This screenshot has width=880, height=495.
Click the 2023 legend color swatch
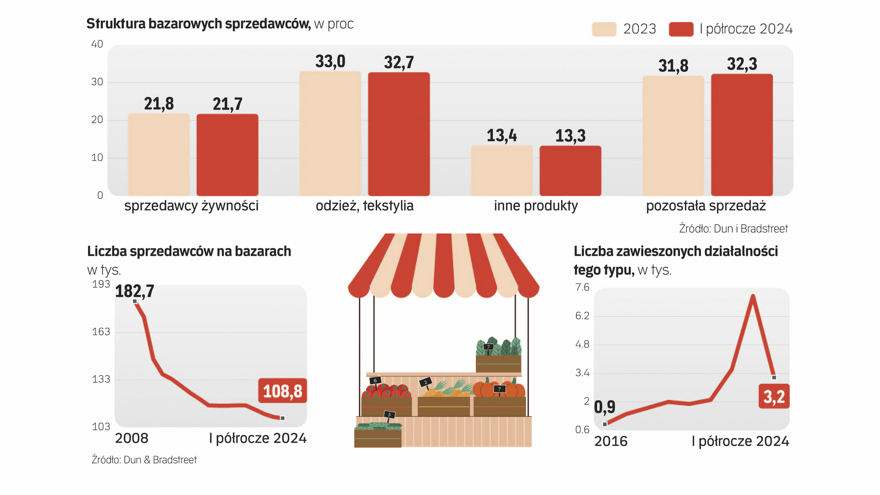[604, 29]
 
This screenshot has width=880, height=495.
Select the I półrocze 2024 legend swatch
[681, 29]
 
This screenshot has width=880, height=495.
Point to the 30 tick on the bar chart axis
[97, 82]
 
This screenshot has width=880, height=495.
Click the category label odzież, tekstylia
[364, 206]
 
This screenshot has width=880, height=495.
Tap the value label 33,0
[330, 61]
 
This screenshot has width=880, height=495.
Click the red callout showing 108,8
[282, 391]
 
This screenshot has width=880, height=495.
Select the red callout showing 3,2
[774, 396]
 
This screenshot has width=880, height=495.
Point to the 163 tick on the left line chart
[101, 332]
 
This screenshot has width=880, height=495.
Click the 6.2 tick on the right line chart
[582, 316]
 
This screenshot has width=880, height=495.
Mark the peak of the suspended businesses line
[753, 297]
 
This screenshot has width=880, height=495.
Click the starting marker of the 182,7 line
[135, 301]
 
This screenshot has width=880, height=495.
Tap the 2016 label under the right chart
[610, 441]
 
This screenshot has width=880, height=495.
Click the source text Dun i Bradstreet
[733, 229]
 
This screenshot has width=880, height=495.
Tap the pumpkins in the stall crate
[499, 392]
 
